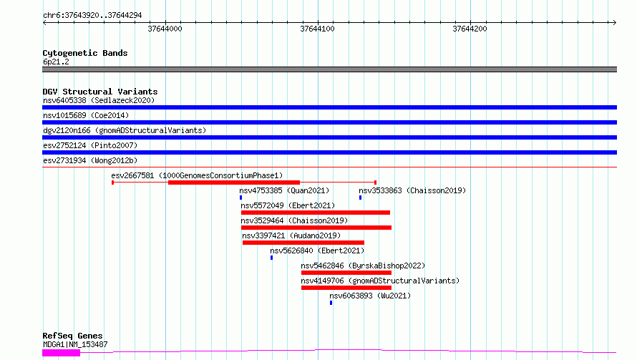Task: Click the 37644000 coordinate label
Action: point(165,29)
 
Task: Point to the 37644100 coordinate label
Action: point(317,29)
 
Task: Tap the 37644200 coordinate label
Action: point(470,29)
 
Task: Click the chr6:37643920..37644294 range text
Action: point(92,16)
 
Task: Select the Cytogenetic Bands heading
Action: point(85,53)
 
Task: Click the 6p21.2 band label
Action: point(56,62)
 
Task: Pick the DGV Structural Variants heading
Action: point(100,92)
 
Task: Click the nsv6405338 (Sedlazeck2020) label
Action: point(99,100)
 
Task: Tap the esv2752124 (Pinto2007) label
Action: point(90,145)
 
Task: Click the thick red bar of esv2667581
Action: point(234,183)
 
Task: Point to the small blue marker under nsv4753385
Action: point(241,198)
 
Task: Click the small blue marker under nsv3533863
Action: point(360,198)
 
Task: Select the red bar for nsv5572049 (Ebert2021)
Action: point(316,213)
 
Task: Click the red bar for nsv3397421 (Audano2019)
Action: point(303,243)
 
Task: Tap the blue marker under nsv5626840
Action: point(272,258)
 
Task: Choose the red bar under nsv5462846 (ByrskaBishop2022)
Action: point(346,273)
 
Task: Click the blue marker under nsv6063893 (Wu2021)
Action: point(331,303)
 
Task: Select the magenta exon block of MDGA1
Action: point(62,353)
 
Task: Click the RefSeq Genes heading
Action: point(73,336)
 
